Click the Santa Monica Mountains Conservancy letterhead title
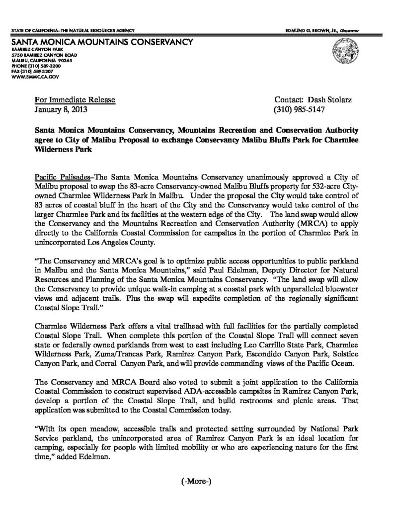(101, 42)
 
